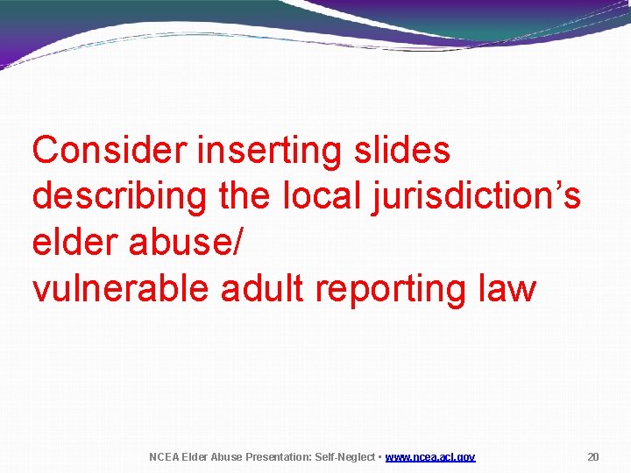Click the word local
(x=316, y=196)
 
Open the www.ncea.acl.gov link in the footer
(x=430, y=457)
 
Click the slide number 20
(x=593, y=457)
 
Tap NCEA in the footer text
(x=163, y=457)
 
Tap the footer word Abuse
(x=228, y=457)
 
